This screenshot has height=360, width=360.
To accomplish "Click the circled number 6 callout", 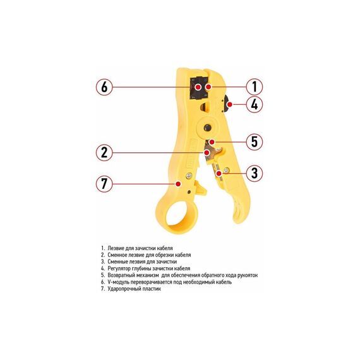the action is tap(104, 87).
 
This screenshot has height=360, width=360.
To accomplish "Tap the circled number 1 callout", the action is tap(255, 87).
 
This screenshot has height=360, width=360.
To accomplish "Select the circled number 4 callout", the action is tap(255, 104).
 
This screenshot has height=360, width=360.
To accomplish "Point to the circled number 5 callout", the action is tap(255, 141).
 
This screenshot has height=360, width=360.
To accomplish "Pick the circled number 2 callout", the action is tap(104, 152).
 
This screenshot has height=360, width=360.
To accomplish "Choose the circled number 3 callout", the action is tap(255, 172).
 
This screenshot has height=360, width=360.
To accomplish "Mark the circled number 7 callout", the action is tap(104, 184).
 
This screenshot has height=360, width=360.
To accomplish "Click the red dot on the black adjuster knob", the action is tap(230, 105).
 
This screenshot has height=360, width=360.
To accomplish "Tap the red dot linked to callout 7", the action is tap(178, 184).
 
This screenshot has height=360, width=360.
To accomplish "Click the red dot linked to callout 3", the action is tap(220, 172).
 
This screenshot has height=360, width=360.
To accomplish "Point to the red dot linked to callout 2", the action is tap(207, 152).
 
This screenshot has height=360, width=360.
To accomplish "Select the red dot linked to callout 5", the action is tap(212, 142).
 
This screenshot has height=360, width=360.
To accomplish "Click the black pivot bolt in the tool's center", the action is tap(208, 127).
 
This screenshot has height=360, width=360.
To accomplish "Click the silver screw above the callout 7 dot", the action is tap(189, 176).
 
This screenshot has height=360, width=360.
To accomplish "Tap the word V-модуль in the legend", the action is tap(117, 282).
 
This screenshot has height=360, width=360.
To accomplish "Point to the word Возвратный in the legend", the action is tap(120, 275).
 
